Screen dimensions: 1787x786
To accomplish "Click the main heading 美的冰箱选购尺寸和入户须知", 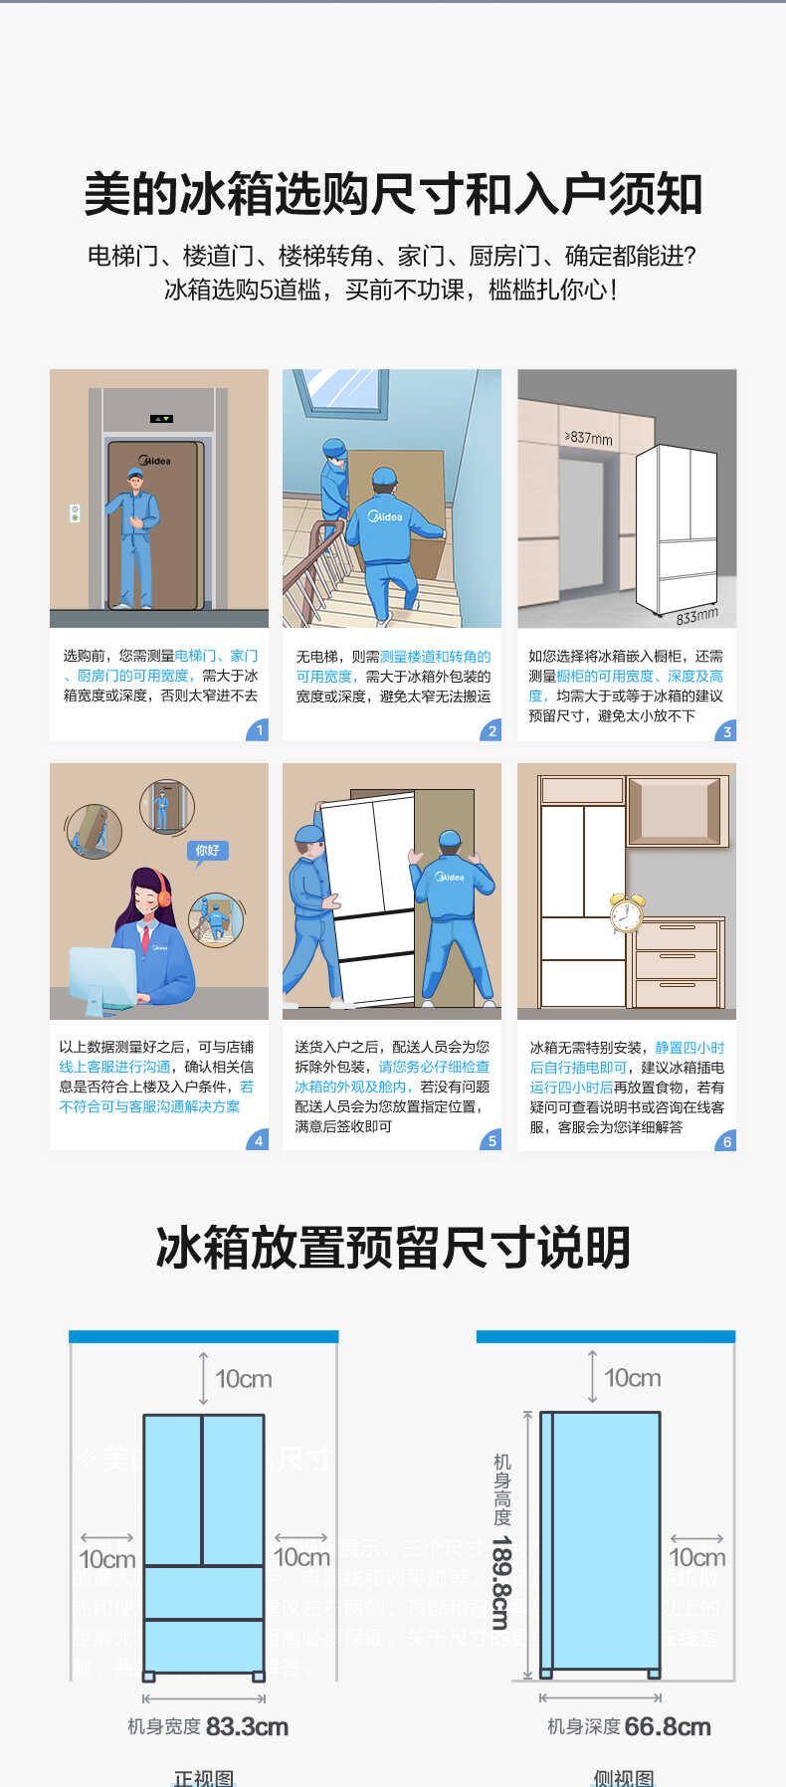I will point(393,194).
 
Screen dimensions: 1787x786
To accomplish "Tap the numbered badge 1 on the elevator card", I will point(258,730).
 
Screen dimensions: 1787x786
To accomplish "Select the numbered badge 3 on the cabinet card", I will point(726,731).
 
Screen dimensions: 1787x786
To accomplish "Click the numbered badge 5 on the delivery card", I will point(491,1140).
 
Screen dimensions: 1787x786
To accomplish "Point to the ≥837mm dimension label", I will point(589,437).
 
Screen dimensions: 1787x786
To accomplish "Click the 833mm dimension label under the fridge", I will point(695,616).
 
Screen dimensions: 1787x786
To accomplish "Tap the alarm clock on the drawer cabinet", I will point(626,911).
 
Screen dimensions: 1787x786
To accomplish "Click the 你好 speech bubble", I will point(207,851).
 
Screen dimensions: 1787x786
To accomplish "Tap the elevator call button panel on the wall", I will point(75,513).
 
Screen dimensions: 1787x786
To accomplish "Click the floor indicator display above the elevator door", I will point(161,419).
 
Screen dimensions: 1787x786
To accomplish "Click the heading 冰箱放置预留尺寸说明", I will point(393,1248).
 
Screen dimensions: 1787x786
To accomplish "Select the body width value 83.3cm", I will point(247,1726).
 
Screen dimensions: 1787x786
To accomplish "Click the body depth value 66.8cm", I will point(668,1726).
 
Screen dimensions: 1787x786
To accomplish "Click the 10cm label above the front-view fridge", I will point(243,1379).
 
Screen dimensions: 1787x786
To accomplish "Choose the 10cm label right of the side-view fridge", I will point(696,1557).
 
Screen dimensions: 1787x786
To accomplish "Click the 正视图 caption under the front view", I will point(204,1777).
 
